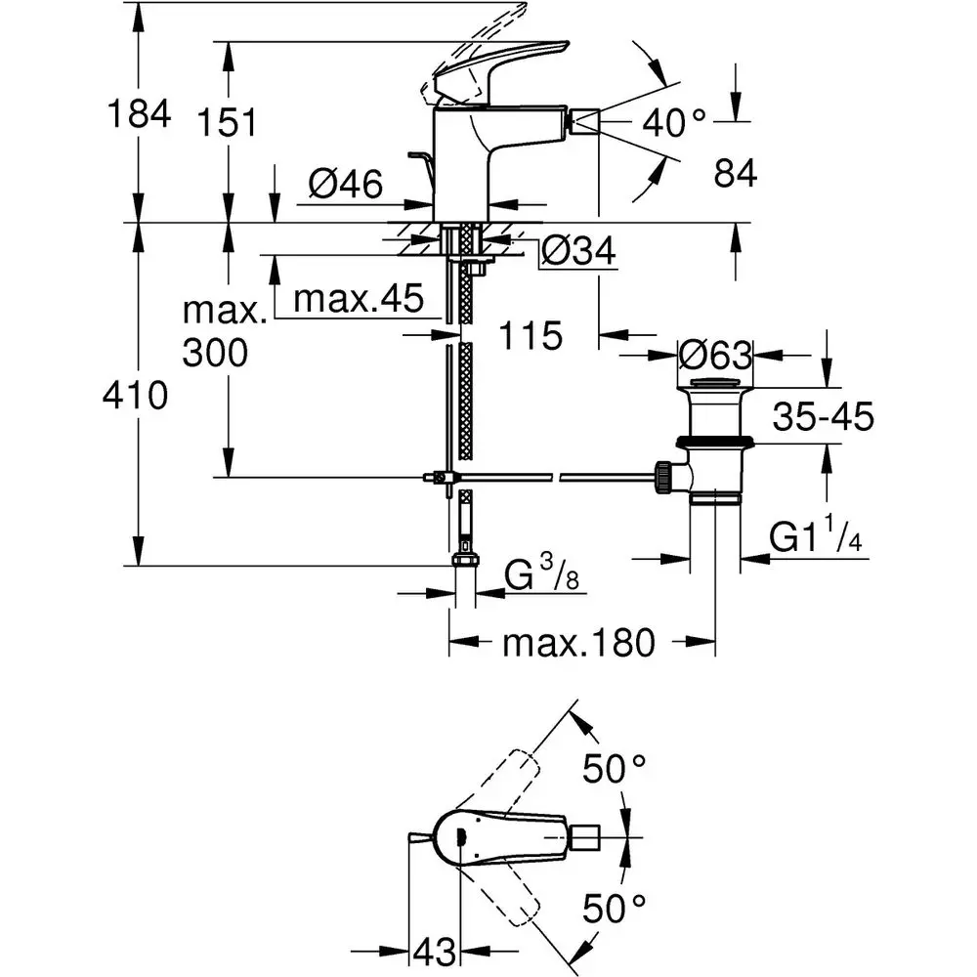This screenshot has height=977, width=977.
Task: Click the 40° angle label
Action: point(674,122)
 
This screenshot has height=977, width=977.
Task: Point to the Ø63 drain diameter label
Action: point(716,353)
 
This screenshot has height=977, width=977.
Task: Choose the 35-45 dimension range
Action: point(822,417)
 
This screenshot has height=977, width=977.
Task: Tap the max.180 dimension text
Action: point(576,643)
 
